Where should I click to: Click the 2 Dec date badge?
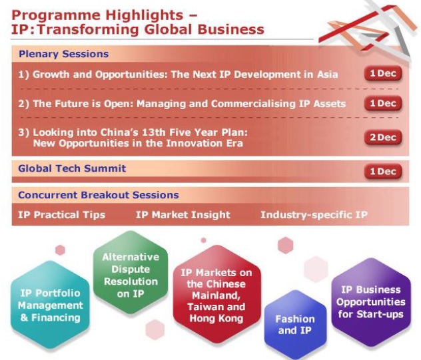coord(383,137)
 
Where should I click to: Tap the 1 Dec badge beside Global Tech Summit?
coord(383,172)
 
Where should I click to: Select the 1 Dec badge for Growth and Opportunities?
coord(383,73)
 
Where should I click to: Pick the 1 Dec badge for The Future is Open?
coord(383,103)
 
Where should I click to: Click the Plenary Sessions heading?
coord(64,54)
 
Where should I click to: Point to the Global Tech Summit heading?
coord(72,168)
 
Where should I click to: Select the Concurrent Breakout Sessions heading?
coord(99,195)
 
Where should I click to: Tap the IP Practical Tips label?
coord(61,215)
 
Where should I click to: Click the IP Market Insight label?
coord(183,215)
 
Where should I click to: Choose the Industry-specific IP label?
coord(314,215)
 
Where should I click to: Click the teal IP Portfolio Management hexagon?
coord(50,305)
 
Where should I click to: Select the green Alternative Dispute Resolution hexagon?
coord(131,272)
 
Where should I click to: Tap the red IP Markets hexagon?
coord(216,294)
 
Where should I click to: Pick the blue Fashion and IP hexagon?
coord(295,324)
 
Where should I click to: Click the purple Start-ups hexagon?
coord(371,302)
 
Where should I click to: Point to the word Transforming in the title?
coord(89,29)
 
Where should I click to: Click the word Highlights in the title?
coord(145,15)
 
